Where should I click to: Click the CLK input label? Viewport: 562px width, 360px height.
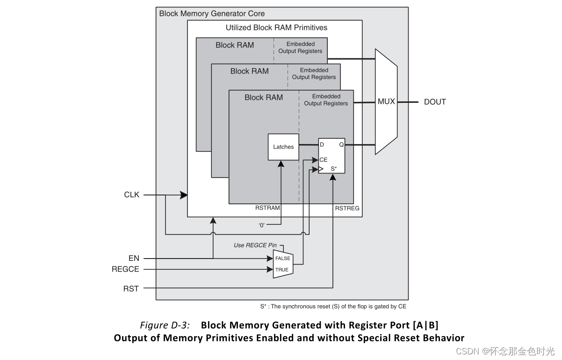[x=131, y=194]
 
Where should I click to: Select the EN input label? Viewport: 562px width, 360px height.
[x=134, y=258]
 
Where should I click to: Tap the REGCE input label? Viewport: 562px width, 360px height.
[x=125, y=269]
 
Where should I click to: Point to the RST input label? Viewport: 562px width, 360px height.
[x=131, y=288]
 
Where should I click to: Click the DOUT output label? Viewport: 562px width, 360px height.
[x=434, y=102]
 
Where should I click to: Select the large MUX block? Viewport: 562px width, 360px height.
[x=386, y=101]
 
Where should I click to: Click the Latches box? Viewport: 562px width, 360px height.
[x=283, y=147]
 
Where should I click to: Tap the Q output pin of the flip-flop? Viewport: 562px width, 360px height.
[x=341, y=145]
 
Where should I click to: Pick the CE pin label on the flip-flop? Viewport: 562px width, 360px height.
[x=323, y=160]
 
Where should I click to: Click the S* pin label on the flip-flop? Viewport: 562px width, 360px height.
[x=334, y=168]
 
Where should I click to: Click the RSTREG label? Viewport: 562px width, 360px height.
[x=347, y=209]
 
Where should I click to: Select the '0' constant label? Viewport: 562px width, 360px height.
[x=262, y=225]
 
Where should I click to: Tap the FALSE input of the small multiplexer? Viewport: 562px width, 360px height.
[x=282, y=259]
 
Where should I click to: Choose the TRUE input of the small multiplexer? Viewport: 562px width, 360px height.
[x=281, y=270]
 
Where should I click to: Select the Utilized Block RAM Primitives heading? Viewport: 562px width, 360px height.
[x=276, y=28]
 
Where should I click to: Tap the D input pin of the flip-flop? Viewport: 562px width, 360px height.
[x=322, y=145]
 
